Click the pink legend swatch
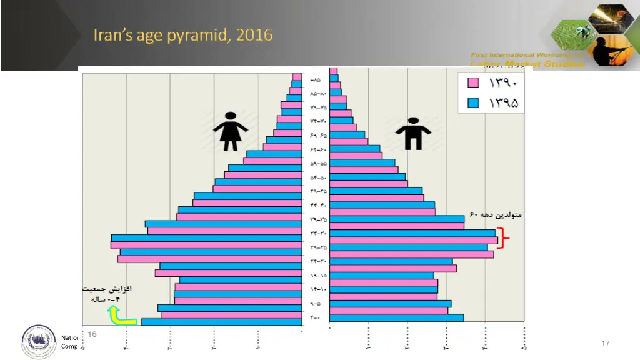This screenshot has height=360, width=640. coord(474,82)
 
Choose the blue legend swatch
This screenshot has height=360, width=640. coord(474,102)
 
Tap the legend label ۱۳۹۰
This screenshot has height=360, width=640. coord(504,82)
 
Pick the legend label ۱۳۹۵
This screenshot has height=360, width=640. coord(504,102)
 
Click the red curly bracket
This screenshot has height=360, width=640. coord(507,241)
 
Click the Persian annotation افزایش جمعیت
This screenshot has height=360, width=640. coord(107,290)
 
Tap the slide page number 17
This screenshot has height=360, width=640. coord(604,344)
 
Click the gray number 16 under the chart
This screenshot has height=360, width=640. coord(92,334)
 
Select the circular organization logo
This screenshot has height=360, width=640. coord(39,342)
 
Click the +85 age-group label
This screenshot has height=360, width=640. coord(315,80)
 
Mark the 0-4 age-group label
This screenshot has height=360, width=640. coord(315,317)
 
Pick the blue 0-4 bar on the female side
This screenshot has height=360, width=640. coord(222,322)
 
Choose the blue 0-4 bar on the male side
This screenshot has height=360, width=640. coord(396,317)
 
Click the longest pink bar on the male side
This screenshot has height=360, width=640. coord(414,241)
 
